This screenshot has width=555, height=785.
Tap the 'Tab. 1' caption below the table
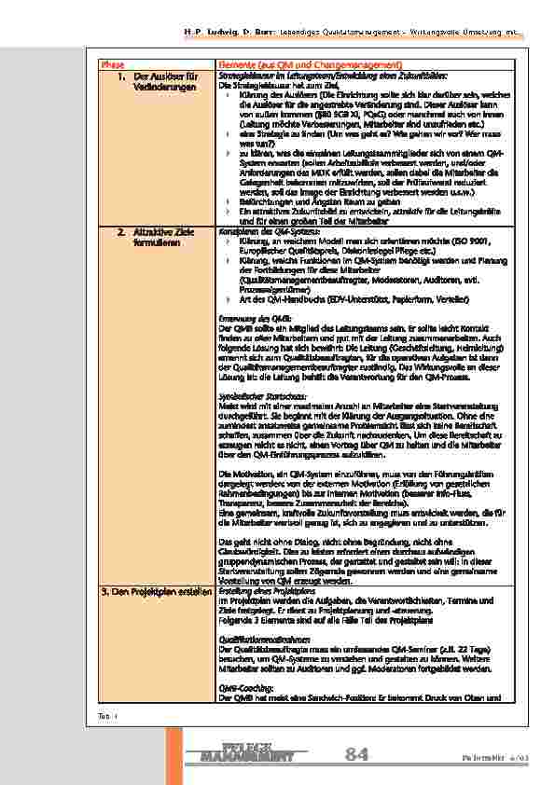tap(104, 712)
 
